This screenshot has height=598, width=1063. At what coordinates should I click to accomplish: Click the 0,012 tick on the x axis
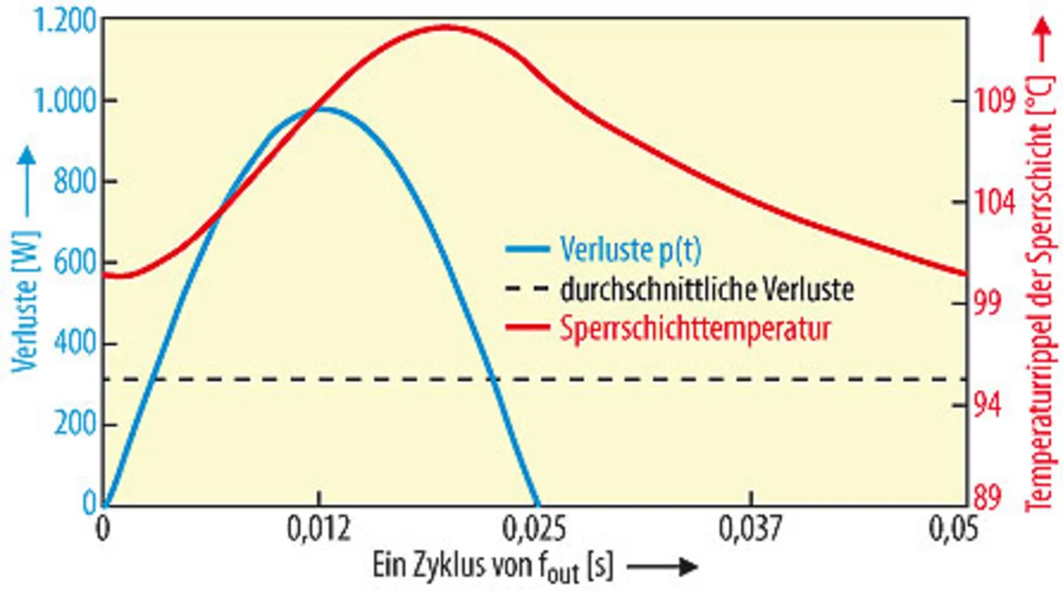click(x=318, y=527)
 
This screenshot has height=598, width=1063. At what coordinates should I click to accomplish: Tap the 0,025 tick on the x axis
click(x=535, y=527)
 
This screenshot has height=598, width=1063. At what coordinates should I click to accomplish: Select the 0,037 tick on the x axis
click(x=752, y=527)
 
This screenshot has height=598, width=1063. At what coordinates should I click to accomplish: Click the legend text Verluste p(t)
click(x=636, y=248)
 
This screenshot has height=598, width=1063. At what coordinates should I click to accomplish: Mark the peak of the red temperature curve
click(x=442, y=27)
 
